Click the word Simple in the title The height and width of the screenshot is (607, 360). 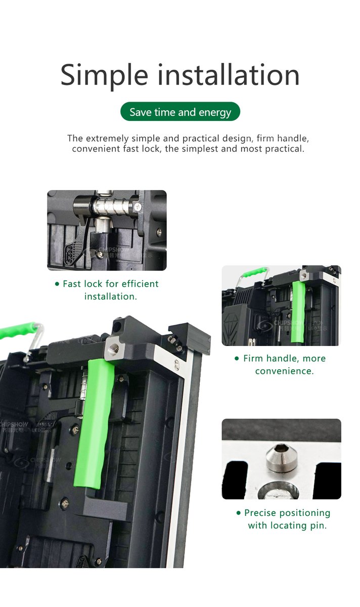point(104,75)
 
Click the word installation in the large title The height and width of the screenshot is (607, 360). point(229,75)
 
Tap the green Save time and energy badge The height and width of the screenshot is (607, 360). point(180,112)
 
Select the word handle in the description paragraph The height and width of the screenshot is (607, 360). point(293,138)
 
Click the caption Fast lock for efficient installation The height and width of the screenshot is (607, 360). point(110,290)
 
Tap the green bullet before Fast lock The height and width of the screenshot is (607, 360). point(57,284)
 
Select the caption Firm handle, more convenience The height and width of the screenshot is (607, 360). point(284,364)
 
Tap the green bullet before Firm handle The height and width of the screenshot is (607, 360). point(237,359)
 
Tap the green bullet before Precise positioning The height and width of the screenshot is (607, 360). point(239,513)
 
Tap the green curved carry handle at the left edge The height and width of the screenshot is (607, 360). point(18,331)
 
